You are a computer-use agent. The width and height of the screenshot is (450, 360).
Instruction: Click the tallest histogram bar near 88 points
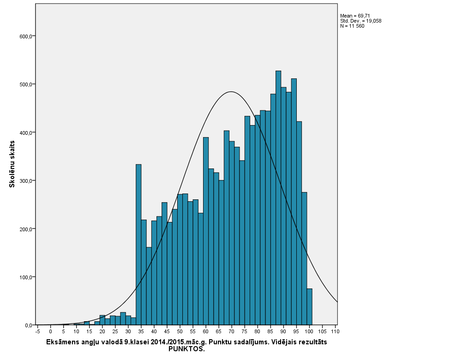click(x=278, y=198)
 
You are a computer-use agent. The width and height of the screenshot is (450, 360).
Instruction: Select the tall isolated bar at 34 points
click(x=138, y=245)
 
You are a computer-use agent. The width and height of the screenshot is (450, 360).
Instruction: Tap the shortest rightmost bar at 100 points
click(x=309, y=307)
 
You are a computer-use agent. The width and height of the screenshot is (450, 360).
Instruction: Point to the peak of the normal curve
click(x=231, y=92)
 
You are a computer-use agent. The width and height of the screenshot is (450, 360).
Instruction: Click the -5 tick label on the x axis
click(x=37, y=332)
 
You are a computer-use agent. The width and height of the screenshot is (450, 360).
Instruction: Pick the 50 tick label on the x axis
click(x=180, y=332)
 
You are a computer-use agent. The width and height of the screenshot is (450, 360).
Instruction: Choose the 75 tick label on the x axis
click(x=245, y=332)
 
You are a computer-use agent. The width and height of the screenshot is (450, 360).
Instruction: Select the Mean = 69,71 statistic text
click(x=355, y=16)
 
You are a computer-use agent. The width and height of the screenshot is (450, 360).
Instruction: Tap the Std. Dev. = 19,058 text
click(x=360, y=21)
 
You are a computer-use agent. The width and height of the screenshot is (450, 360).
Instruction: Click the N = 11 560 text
click(x=352, y=26)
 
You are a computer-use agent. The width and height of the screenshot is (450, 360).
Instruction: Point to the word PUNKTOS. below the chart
click(x=186, y=349)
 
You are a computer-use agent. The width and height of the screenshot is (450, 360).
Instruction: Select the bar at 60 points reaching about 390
click(x=206, y=231)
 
